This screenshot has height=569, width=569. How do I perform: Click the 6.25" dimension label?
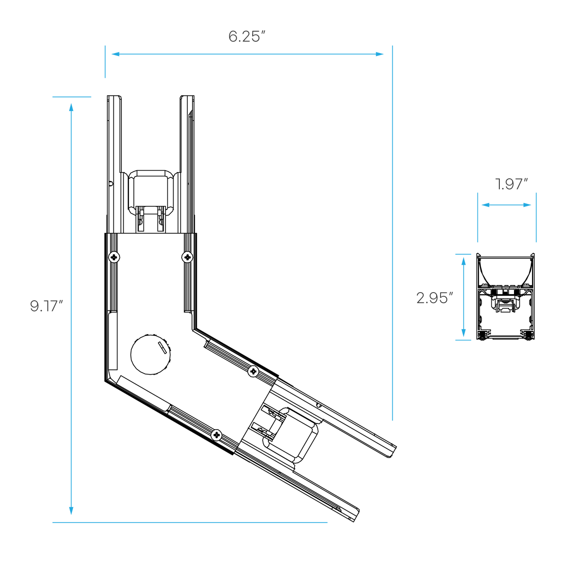click(x=247, y=37)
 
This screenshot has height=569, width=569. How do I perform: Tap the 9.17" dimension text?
click(x=46, y=306)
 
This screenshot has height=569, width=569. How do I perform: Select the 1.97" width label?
click(x=512, y=184)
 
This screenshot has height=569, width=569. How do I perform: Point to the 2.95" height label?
click(x=434, y=298)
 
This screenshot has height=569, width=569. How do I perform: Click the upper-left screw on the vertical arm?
click(x=114, y=257)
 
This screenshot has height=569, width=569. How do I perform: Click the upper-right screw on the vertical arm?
click(x=187, y=257)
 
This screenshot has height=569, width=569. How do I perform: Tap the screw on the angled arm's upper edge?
click(x=253, y=371)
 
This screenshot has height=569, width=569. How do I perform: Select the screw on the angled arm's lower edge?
click(x=217, y=435)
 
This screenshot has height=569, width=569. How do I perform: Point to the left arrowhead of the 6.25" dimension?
click(x=115, y=54)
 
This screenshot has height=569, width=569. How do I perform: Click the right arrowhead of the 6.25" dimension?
click(x=379, y=54)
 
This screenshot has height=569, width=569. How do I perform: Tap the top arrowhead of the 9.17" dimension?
click(x=71, y=107)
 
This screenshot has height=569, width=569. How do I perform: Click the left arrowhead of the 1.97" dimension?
click(x=486, y=205)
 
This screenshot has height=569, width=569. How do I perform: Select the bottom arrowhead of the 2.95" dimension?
click(x=463, y=333)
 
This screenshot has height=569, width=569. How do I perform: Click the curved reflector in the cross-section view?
click(x=505, y=271)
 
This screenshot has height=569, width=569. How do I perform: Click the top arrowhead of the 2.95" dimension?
click(x=463, y=261)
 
